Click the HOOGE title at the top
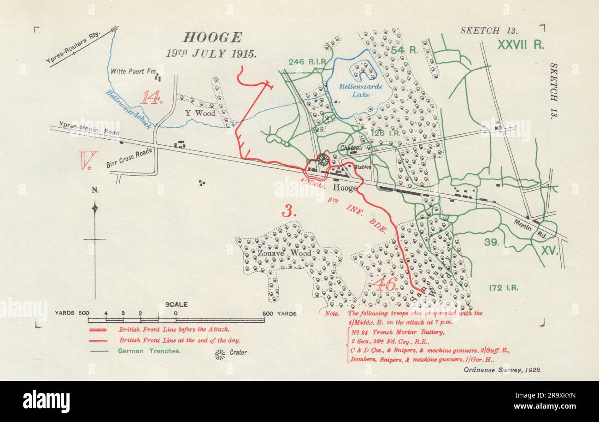click(x=212, y=37)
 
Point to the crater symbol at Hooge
click(x=323, y=160)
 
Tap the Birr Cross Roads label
click(x=129, y=159)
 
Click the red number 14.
click(x=152, y=97)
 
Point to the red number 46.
click(x=385, y=285)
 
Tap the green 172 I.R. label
click(x=503, y=288)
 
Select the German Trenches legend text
click(x=149, y=351)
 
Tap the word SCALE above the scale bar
click(x=176, y=305)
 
